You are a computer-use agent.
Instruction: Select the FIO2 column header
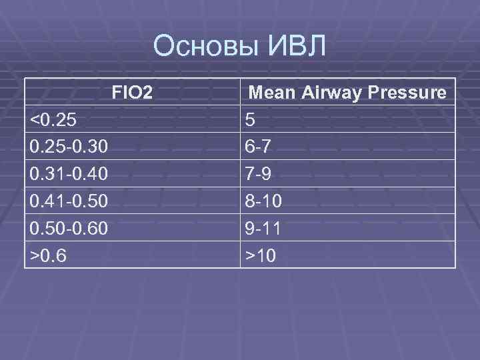132,92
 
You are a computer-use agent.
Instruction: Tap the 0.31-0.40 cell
69,174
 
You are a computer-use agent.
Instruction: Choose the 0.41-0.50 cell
69,201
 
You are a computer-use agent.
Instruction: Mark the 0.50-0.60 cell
69,228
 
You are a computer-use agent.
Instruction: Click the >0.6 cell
50,255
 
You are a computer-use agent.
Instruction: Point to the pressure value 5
250,119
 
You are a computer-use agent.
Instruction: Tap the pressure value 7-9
259,174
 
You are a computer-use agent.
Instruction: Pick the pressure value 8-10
263,201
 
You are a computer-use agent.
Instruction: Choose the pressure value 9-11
263,228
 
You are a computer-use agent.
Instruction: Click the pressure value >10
260,255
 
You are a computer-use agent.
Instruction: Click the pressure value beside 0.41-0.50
263,201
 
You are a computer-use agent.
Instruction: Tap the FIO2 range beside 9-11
69,228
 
